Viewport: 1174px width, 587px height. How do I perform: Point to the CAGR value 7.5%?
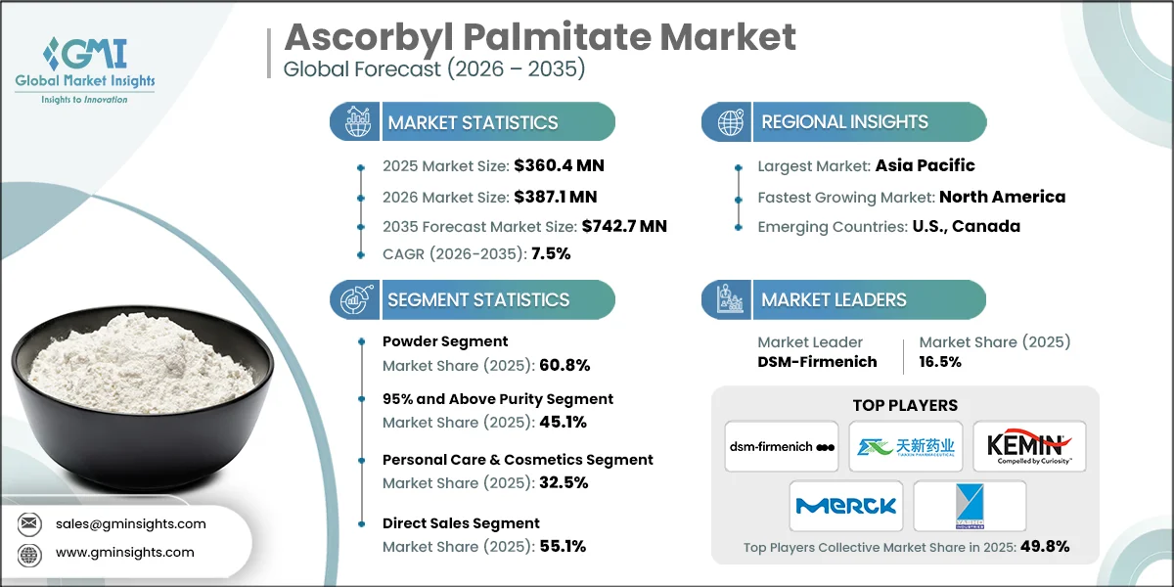point(551,253)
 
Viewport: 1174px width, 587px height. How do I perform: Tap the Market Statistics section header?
point(473,122)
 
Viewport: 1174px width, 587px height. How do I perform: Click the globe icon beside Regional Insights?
point(730,122)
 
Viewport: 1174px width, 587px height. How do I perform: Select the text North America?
point(1002,197)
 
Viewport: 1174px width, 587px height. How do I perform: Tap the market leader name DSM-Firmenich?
point(817,362)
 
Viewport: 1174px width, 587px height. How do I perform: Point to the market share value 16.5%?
point(940,362)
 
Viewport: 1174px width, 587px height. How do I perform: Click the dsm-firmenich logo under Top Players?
point(782,446)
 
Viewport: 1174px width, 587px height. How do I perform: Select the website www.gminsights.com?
point(125,552)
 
